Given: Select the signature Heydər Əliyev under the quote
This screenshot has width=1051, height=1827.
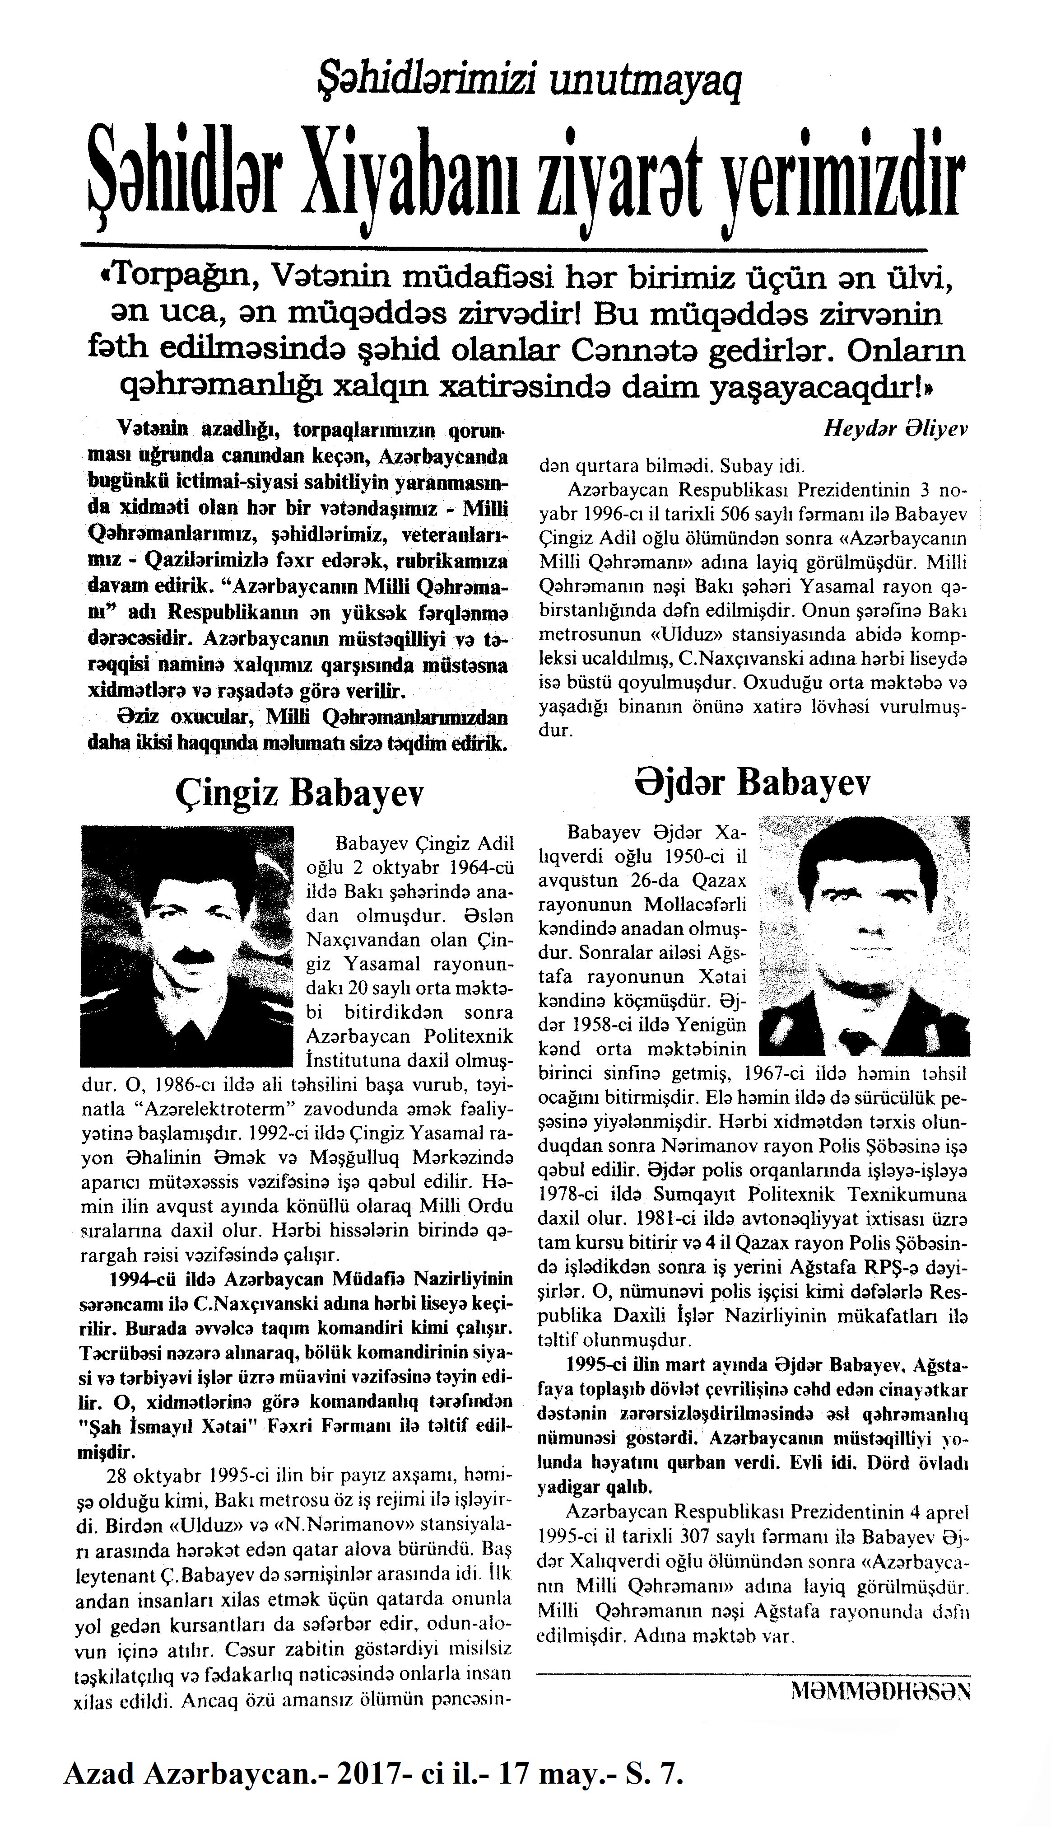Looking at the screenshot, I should [895, 429].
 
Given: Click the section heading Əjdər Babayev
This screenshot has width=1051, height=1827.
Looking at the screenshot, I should [753, 783].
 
